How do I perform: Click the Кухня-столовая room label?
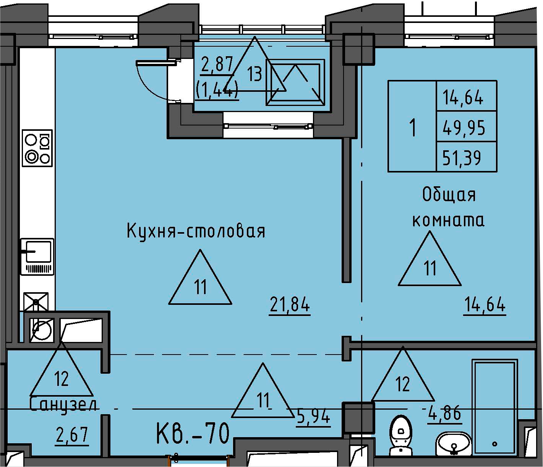pos(196,231)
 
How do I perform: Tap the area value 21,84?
pos(290,305)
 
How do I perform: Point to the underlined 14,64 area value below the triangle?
pos(485,305)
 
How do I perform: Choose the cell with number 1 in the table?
pos(412,127)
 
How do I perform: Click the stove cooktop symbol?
pos(37,148)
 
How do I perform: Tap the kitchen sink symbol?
pos(37,256)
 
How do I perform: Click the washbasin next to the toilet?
pos(453,443)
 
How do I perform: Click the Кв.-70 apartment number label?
pos(193,433)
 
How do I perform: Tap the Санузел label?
pos(63,404)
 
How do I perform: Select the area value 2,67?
pos(72,435)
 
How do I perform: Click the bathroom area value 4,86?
pos(444,413)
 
